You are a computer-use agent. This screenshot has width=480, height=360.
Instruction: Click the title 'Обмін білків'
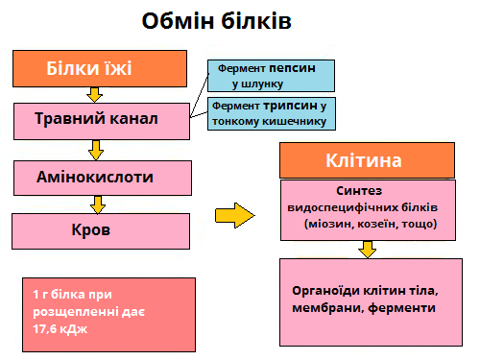pos(215,20)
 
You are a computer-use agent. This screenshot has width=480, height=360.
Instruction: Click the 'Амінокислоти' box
pos(94,177)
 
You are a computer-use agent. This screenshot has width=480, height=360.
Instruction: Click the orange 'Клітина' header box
pos(364,159)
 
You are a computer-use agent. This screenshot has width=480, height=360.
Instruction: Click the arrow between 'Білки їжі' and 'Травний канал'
pos(94,93)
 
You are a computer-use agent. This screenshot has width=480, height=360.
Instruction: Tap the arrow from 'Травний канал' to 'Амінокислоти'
pos(94,149)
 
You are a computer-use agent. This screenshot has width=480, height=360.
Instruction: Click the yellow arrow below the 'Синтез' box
pos(368,249)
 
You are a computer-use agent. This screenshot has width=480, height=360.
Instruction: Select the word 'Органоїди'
pos(320,291)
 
